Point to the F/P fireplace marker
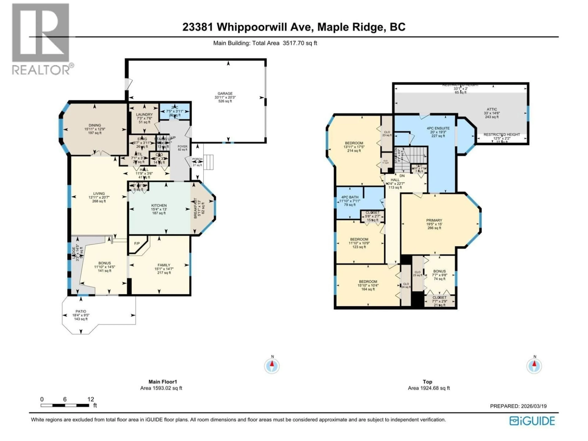pyautogui.click(x=137, y=243)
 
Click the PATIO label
pyautogui.click(x=81, y=311)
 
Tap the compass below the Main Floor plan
pyautogui.click(x=272, y=366)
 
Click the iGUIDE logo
pyautogui.click(x=532, y=421)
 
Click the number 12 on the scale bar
pyautogui.click(x=91, y=399)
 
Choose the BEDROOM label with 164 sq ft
pyautogui.click(x=368, y=281)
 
